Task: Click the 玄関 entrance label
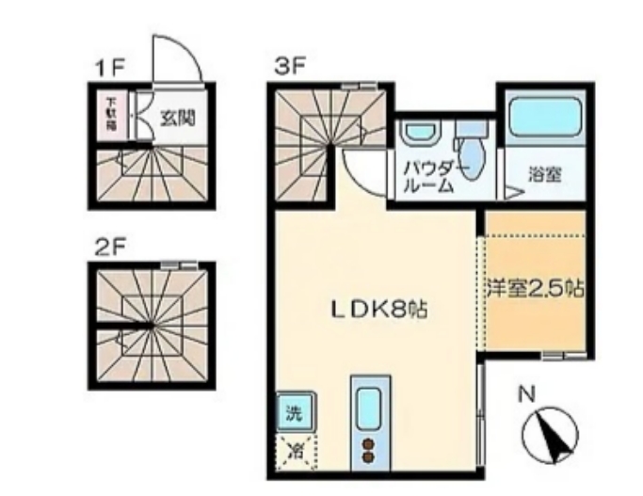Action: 176,119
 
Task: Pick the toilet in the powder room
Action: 469,150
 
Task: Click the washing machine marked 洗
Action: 296,411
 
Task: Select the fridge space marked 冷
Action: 296,448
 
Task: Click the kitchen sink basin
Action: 369,406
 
